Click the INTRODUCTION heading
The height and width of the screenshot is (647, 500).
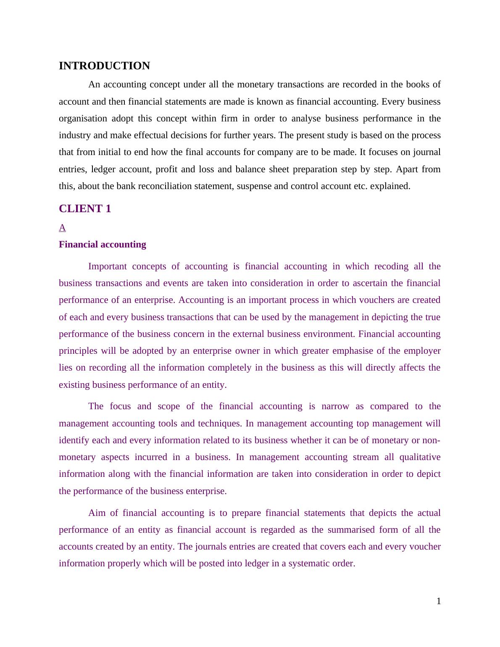[104, 66]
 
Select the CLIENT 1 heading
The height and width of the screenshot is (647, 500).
[85, 209]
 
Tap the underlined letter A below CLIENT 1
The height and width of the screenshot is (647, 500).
[62, 228]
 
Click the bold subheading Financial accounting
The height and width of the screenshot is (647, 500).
[103, 245]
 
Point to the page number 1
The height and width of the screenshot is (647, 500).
[439, 601]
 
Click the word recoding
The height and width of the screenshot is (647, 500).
[391, 266]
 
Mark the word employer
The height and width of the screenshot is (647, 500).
[422, 351]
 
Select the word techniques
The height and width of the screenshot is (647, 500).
[219, 423]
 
